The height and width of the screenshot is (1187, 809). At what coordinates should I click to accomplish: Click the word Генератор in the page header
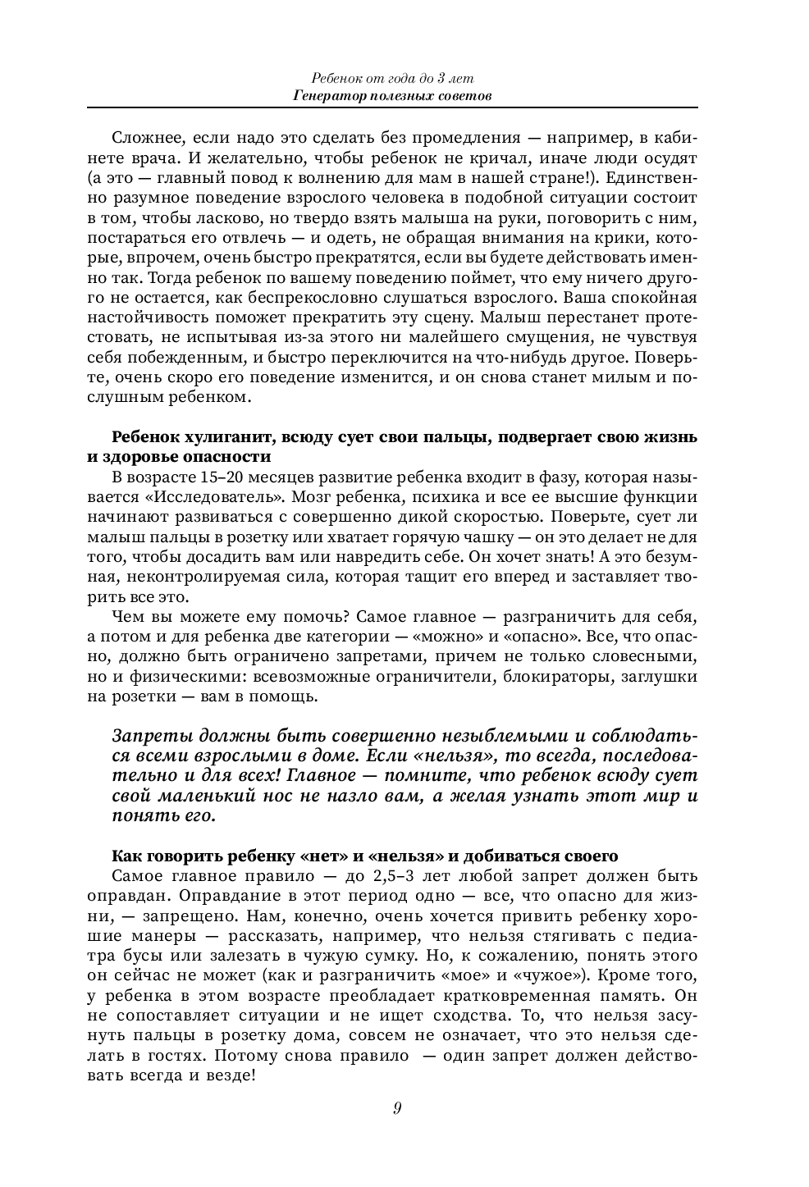(325, 96)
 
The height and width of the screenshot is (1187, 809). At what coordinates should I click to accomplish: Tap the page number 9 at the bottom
(397, 1109)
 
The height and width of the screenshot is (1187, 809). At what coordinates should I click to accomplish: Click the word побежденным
(177, 358)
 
